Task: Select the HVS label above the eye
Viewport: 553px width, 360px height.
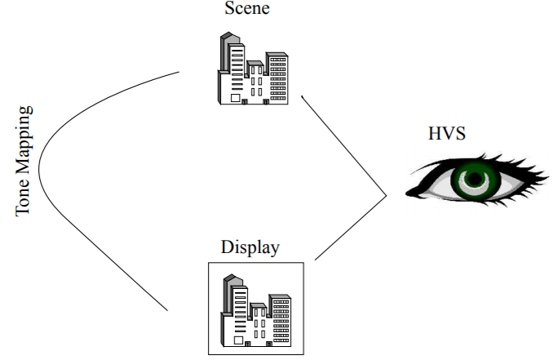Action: [448, 135]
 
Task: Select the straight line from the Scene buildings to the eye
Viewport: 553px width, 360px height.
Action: [343, 144]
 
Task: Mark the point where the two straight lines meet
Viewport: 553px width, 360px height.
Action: [387, 197]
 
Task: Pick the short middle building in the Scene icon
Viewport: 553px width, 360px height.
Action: [256, 82]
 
